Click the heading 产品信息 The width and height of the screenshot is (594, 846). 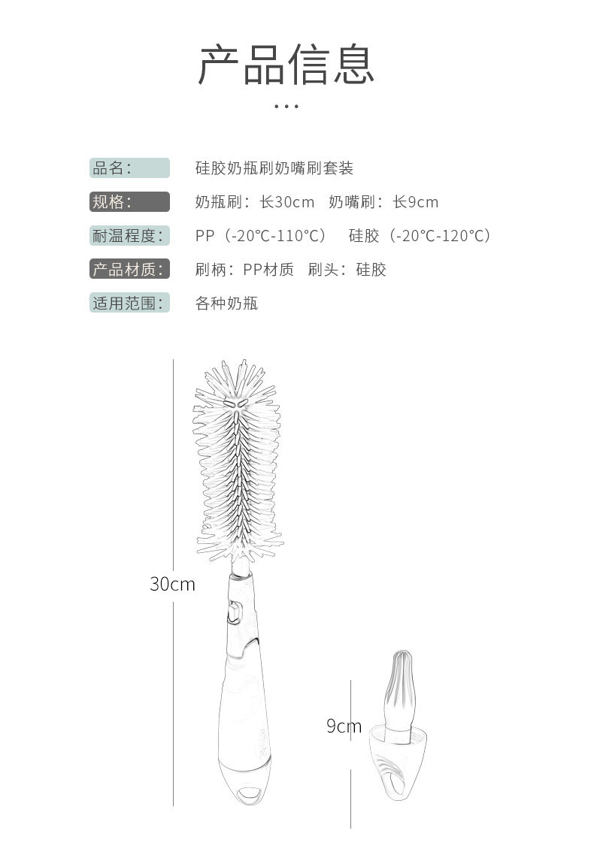pyautogui.click(x=286, y=65)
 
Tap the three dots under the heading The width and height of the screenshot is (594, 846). pyautogui.click(x=286, y=106)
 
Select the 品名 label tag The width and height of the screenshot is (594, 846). pyautogui.click(x=129, y=168)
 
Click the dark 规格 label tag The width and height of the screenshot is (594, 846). pyautogui.click(x=129, y=201)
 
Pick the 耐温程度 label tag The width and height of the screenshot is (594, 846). pyautogui.click(x=129, y=235)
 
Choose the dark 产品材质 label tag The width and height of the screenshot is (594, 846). pyautogui.click(x=129, y=269)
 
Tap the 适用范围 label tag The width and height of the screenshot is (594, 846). pyautogui.click(x=129, y=303)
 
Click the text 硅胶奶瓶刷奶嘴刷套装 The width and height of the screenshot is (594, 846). pyautogui.click(x=274, y=168)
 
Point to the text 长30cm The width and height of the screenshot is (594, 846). pyautogui.click(x=287, y=201)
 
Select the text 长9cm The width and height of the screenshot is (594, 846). pyautogui.click(x=415, y=201)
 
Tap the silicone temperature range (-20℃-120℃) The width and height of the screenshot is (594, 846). pyautogui.click(x=440, y=235)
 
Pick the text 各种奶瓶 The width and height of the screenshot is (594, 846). pyautogui.click(x=226, y=303)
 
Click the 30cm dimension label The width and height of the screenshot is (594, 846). pyautogui.click(x=172, y=584)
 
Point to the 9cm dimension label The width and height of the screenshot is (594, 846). pyautogui.click(x=344, y=726)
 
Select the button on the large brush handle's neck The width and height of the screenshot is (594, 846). pyautogui.click(x=234, y=612)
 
